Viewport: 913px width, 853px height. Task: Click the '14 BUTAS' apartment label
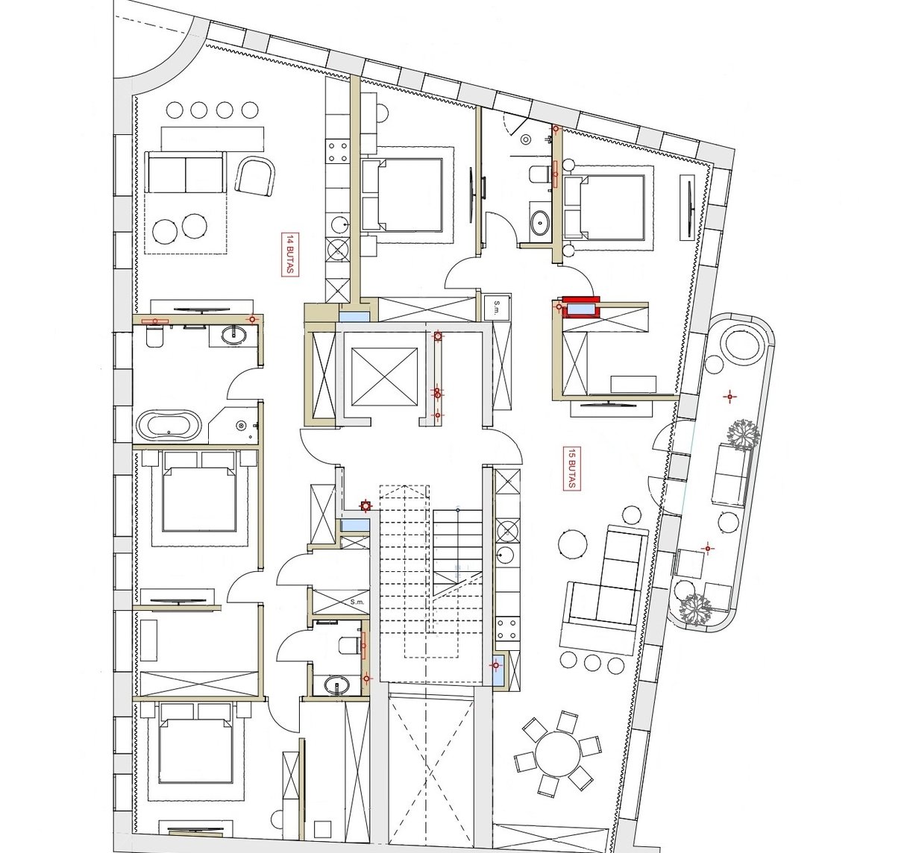(290, 254)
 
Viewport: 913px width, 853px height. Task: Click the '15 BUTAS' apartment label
(571, 468)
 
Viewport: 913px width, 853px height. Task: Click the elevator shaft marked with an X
(384, 377)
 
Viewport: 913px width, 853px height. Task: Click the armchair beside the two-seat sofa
(255, 175)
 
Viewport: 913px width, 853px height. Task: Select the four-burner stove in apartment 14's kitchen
(337, 152)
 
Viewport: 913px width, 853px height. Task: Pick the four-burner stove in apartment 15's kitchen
(507, 629)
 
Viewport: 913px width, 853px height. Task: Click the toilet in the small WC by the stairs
(349, 646)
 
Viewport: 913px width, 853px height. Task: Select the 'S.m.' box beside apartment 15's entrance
(497, 307)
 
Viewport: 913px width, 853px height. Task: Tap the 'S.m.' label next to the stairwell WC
(357, 602)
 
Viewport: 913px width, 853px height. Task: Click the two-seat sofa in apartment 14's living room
(185, 172)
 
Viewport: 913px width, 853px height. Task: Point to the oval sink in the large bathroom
(233, 334)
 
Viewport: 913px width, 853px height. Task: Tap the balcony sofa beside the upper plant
(732, 475)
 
